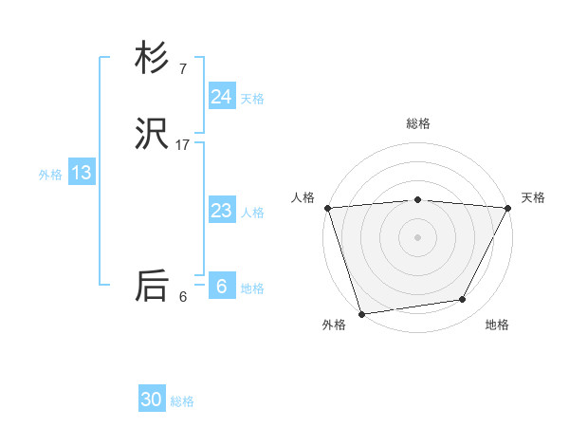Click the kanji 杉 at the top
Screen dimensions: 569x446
152,59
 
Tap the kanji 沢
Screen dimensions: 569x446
152,136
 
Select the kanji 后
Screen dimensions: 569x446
152,287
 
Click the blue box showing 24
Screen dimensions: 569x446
221,97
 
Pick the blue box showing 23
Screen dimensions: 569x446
221,211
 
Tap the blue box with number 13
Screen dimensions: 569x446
81,173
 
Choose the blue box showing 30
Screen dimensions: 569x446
152,400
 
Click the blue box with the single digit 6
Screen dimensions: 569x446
221,287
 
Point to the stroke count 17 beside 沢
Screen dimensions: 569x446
183,145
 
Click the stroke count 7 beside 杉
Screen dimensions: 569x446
183,69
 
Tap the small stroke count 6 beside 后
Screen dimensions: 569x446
183,297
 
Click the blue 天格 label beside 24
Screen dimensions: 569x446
252,99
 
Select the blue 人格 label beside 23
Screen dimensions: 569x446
252,213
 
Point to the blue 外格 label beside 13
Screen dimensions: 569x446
50,175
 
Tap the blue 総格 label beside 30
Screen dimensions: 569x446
182,401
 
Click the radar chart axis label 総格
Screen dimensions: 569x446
418,123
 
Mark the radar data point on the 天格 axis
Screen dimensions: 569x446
508,208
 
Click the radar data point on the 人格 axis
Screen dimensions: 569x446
327,208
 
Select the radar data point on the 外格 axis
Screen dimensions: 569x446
361,313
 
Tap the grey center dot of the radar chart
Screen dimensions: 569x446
418,237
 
